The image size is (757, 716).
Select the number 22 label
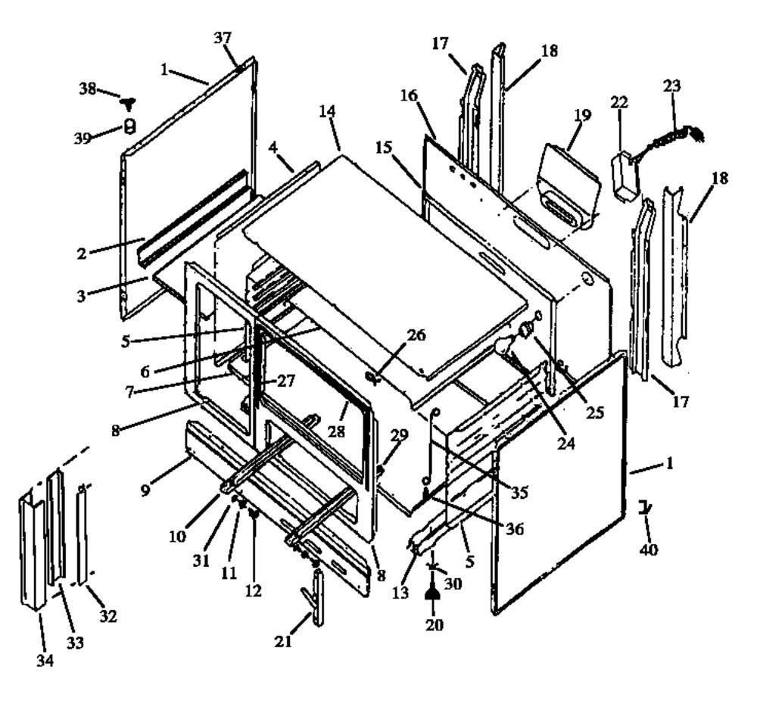point(620,103)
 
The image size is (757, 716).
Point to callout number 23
point(671,86)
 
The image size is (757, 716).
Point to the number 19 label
point(582,116)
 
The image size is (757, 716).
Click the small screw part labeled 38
point(131,104)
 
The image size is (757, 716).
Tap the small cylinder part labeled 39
point(129,126)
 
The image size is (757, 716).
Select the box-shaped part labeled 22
point(625,176)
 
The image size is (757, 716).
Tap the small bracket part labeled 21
point(316,598)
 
